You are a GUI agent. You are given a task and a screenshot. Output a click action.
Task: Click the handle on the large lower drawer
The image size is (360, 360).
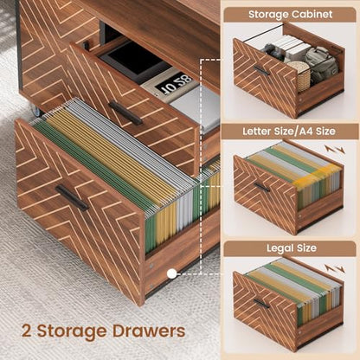[x=72, y=198]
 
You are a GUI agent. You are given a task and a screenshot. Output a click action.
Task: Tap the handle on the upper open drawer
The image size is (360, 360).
[x=125, y=112]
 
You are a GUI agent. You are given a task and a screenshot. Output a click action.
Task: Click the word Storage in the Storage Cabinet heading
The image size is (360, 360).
[x=266, y=15]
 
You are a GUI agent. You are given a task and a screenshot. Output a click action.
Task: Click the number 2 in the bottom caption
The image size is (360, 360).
[x=26, y=331]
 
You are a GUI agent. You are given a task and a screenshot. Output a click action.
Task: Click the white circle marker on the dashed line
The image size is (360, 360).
[x=172, y=273]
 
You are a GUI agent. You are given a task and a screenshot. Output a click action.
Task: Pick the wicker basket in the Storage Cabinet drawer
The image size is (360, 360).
[x=299, y=75]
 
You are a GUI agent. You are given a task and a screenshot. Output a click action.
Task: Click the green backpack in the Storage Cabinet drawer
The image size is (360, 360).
[x=321, y=63]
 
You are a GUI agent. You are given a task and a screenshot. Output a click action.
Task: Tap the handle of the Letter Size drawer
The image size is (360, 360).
[x=261, y=187]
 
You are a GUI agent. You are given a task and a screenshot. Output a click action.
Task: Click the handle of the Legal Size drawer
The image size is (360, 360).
[x=261, y=304]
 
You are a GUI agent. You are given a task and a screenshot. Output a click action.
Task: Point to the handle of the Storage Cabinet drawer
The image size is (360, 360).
[x=261, y=70]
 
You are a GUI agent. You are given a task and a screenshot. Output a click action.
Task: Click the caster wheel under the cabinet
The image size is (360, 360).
[x=35, y=111]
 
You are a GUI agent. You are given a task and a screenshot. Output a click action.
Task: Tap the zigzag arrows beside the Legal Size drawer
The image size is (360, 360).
[x=335, y=268]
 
